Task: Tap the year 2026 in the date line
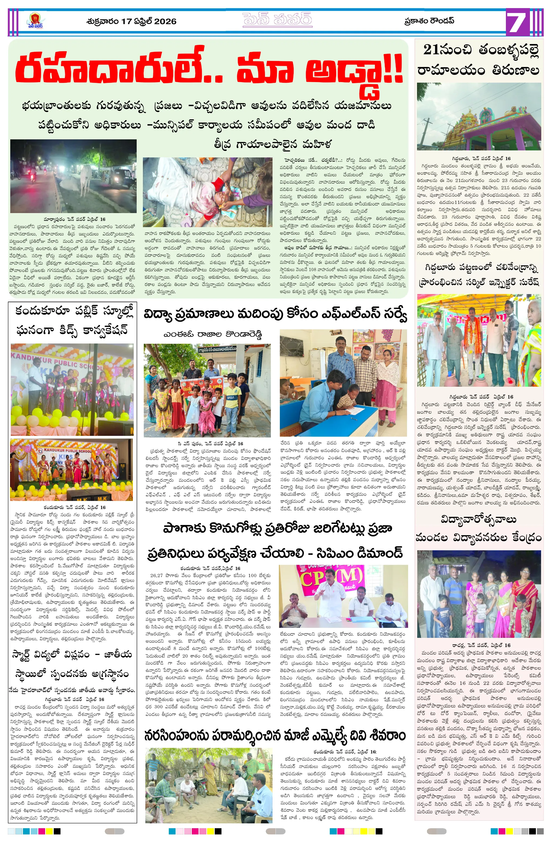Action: click(165, 22)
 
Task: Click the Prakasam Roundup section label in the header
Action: click(429, 21)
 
